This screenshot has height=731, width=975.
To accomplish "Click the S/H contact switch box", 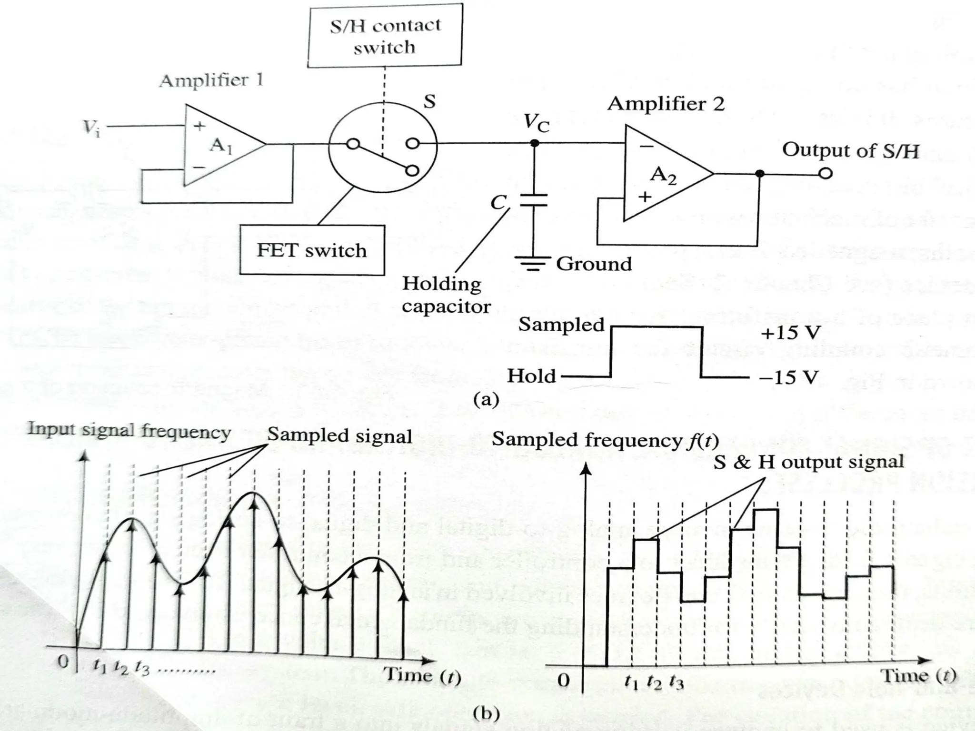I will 385,36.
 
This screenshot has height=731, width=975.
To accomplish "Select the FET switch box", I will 312,250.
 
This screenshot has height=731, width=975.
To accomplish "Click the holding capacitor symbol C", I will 533,200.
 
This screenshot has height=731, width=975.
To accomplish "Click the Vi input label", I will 91,128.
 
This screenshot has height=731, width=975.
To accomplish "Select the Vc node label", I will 536,123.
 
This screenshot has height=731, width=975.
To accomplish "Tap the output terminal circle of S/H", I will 826,174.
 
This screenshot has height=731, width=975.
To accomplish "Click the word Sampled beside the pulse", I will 561,325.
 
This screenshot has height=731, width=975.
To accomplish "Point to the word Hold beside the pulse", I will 531,376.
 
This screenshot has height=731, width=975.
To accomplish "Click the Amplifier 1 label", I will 211,80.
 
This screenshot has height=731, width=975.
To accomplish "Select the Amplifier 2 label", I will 666,104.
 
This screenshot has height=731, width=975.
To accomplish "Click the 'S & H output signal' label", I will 808,462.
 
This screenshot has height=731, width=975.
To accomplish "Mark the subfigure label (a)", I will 486,399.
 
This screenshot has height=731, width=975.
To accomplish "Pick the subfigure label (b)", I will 487,713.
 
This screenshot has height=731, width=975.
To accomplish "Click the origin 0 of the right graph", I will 563,680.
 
